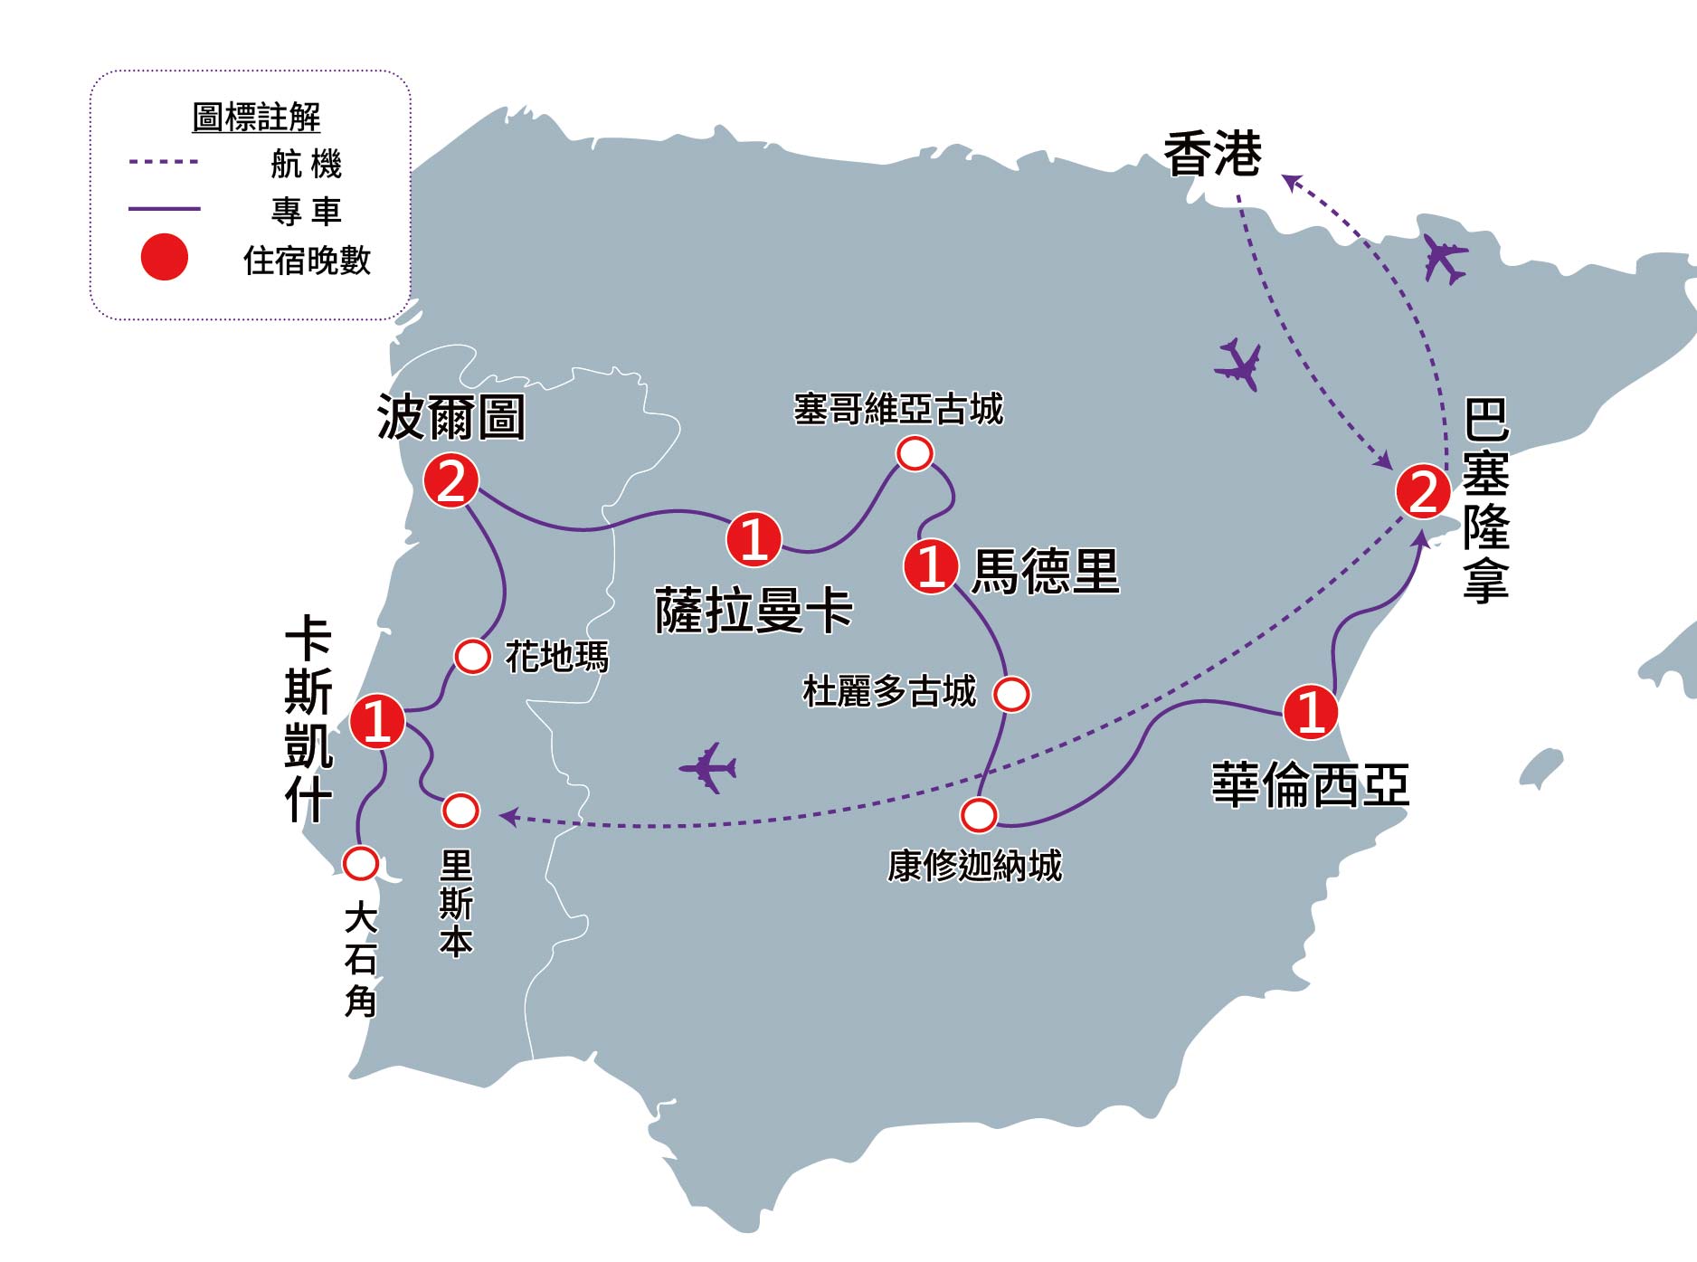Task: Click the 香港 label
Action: point(1212,155)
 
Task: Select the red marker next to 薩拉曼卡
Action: point(754,539)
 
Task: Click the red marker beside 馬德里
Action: point(931,566)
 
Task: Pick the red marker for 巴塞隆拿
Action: point(1423,492)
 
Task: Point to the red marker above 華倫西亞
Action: point(1311,711)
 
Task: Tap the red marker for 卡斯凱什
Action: point(376,721)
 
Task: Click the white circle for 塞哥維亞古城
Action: point(915,453)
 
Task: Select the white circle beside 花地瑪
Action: point(472,657)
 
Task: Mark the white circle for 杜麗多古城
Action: point(1011,694)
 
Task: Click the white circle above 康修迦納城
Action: point(978,814)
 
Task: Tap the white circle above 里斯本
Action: point(460,811)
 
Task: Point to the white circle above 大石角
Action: point(361,863)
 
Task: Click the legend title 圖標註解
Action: point(256,118)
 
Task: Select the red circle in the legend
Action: point(165,257)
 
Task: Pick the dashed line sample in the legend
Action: point(164,162)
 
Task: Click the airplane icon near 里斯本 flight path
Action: point(708,768)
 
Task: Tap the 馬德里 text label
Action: point(1045,571)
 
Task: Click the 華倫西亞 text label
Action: point(1310,784)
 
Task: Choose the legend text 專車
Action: point(306,211)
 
